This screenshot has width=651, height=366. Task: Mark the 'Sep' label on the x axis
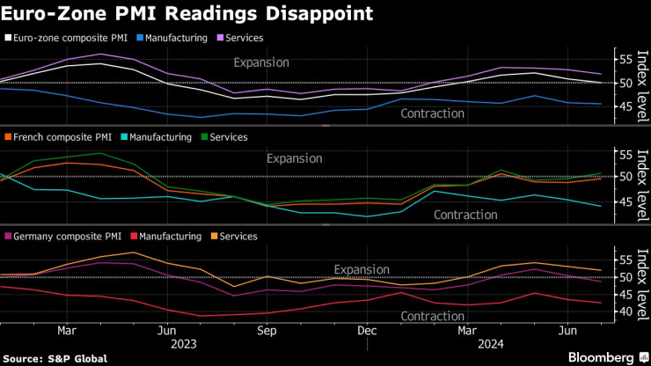click(267, 331)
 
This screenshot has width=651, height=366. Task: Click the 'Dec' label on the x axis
click(368, 331)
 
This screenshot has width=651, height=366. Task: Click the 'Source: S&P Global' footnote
click(55, 358)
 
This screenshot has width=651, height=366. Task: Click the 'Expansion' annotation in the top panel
click(262, 62)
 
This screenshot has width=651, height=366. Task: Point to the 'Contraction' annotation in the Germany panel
click(432, 316)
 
